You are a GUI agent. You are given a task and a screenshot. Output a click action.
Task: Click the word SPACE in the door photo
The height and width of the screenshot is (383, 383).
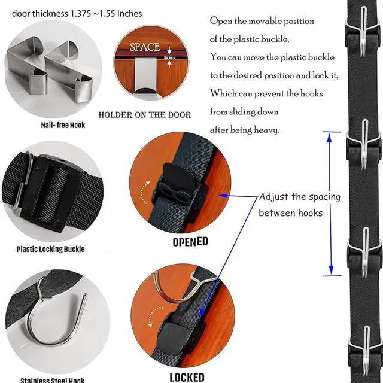tap(145, 47)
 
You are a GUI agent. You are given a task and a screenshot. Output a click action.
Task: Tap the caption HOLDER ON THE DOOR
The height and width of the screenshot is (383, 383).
tap(145, 115)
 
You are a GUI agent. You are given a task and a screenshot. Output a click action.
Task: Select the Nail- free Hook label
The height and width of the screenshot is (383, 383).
tap(63, 125)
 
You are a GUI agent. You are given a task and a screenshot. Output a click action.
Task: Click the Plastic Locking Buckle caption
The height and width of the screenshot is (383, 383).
tap(50, 249)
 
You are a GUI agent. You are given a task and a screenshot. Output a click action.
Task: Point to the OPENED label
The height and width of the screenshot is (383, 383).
tap(190, 242)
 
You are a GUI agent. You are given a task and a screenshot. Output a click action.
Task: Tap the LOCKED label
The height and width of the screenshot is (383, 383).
tap(187, 378)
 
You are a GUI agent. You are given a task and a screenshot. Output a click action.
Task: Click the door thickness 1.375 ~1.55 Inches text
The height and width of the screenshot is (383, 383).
tap(77, 13)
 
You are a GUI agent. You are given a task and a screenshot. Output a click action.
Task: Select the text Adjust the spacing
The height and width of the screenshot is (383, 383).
tap(300, 197)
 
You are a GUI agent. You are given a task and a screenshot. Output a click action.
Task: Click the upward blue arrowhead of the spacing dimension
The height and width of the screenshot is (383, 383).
tap(329, 138)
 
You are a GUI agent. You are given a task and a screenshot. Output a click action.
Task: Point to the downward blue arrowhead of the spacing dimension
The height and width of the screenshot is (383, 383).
tap(331, 270)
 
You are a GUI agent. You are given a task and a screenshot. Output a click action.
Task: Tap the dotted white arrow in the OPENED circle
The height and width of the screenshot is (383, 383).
tap(145, 193)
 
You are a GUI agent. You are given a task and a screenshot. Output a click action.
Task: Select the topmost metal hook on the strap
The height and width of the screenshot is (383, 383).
tap(364, 32)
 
